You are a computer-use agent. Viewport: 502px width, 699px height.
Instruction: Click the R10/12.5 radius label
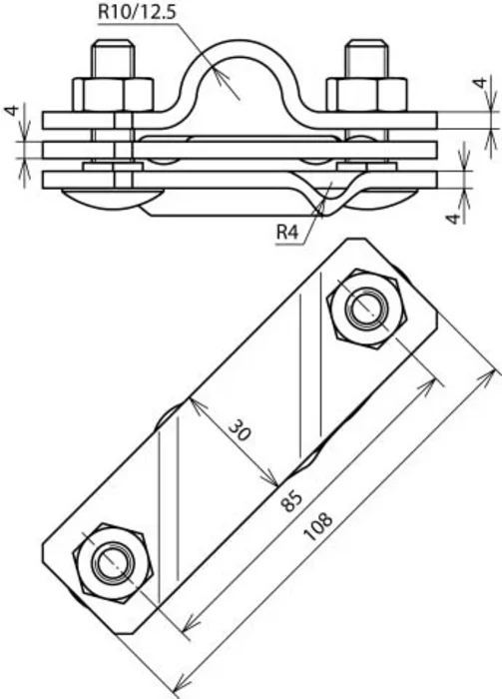[137, 12]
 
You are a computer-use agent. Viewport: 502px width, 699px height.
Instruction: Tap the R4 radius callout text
[287, 232]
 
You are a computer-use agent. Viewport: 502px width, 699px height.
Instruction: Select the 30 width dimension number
[241, 431]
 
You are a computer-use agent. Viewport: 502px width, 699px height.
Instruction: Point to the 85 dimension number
[291, 501]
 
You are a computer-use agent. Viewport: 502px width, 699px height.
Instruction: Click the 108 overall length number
[318, 526]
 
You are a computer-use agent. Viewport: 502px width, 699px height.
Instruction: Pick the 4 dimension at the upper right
[480, 83]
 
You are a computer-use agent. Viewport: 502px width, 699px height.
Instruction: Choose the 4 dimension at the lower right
[453, 218]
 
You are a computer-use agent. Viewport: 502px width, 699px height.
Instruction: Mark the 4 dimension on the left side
[12, 110]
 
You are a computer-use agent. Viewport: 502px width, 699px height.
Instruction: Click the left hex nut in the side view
[113, 94]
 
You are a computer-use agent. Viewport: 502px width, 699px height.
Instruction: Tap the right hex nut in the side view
[366, 94]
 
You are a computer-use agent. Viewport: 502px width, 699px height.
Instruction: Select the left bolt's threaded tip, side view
[113, 59]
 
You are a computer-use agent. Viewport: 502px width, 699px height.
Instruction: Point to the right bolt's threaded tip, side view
[366, 59]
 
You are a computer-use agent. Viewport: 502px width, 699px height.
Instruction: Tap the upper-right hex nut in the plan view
[367, 310]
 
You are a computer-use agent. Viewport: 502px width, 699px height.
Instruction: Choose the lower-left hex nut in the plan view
[113, 563]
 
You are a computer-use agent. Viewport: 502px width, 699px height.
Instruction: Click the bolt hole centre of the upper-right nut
[367, 310]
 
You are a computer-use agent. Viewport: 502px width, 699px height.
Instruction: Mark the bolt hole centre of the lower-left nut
[113, 563]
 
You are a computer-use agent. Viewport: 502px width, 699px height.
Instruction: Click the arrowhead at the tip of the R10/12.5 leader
[221, 77]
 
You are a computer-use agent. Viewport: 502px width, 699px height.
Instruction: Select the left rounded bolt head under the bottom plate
[112, 197]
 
